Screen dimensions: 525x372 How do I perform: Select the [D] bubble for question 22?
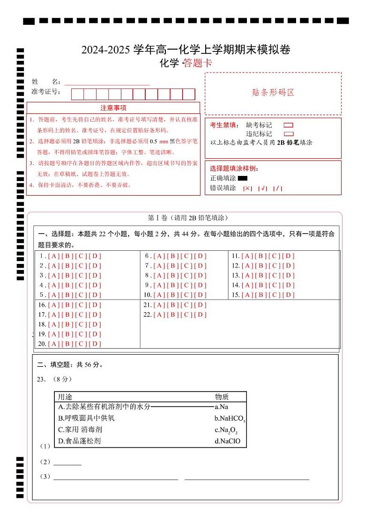point(200,315)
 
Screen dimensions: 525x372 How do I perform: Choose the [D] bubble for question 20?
point(95,344)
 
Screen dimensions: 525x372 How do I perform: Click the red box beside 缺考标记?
point(289,125)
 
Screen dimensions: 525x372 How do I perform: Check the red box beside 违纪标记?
point(289,134)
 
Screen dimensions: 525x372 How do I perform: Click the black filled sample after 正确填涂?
point(242,178)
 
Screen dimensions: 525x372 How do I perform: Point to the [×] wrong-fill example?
point(247,189)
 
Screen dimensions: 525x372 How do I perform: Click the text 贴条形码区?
point(273,93)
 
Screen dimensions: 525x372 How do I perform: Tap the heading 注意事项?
point(113,108)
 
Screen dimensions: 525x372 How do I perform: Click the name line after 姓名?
point(107,82)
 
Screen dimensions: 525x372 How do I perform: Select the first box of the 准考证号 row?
point(77,95)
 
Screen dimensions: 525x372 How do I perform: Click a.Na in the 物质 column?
point(222,407)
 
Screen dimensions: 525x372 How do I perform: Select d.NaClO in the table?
point(227,441)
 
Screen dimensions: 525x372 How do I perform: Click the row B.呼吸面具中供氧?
point(86,418)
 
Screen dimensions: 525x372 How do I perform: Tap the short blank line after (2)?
point(67,463)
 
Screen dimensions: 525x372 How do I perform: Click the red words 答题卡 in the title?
point(197,63)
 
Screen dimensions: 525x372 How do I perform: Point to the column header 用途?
point(65,397)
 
